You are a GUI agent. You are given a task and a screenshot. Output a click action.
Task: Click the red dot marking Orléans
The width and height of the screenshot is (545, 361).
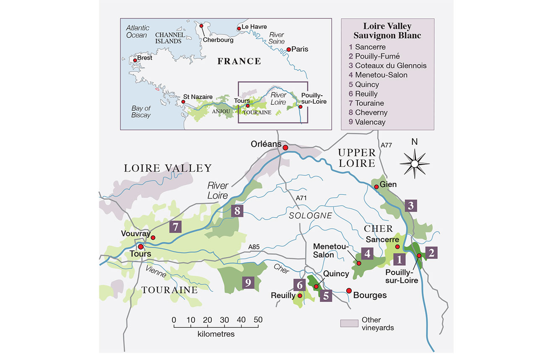285,148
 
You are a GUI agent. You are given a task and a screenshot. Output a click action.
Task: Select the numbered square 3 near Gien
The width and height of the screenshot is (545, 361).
411,206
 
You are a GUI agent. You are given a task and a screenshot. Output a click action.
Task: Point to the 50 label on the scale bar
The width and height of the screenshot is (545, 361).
258,320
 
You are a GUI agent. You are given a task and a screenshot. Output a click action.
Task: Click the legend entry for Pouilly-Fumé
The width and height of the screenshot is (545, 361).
377,56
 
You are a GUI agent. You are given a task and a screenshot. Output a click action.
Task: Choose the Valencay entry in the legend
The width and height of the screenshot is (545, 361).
370,122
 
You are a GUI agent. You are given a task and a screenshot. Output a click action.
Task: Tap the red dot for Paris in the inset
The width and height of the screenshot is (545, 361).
288,50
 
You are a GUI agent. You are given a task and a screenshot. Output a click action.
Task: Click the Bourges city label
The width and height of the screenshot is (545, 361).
370,296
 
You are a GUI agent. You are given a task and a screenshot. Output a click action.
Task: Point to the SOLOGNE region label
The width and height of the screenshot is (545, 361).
309,215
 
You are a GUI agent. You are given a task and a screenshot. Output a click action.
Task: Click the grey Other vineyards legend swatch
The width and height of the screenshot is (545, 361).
348,323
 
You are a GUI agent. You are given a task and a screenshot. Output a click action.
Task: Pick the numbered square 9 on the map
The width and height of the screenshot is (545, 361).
248,283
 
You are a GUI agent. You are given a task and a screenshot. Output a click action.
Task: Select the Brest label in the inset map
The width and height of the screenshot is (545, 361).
144,58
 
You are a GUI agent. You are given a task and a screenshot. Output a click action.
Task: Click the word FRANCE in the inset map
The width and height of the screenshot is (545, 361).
239,62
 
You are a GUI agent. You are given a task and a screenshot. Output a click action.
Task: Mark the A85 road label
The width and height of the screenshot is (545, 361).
254,247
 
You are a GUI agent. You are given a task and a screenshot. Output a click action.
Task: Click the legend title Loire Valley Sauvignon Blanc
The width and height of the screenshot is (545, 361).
387,31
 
